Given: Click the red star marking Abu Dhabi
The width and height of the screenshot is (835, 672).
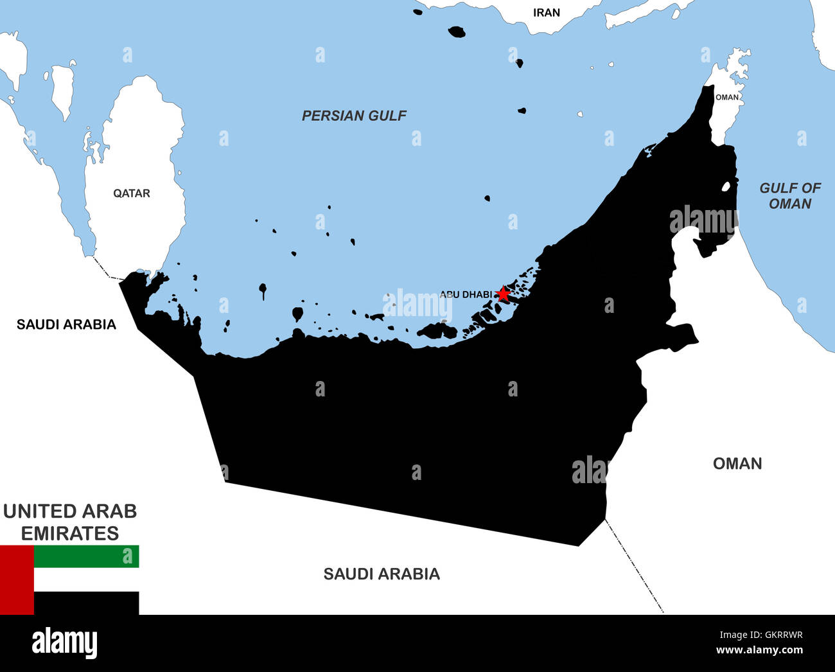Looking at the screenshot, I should point(503,294).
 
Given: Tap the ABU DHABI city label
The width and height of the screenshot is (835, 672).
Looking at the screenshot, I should point(466,294).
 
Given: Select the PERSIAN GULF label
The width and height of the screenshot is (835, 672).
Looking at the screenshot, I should point(354,116).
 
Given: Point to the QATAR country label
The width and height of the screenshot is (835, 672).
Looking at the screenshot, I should point(132,193).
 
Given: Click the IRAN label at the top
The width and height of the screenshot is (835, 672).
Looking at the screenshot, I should point(546,12).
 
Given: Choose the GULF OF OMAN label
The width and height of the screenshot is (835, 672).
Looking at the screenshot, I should point(790,196).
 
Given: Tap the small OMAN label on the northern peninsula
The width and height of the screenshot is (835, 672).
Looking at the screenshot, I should point(727,97).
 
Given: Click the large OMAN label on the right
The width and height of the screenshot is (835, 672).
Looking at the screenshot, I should point(737,463).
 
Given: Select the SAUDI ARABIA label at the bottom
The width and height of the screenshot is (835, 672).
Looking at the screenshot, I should point(382,574).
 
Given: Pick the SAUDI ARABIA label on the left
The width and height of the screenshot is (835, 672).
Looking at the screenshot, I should point(66,324).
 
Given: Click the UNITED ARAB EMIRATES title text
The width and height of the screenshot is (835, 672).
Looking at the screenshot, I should point(70,522).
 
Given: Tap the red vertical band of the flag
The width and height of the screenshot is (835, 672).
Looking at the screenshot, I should point(17,579).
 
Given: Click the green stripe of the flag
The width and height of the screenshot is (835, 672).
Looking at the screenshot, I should point(86,556).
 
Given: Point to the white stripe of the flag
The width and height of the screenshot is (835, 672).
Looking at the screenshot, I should point(86,579).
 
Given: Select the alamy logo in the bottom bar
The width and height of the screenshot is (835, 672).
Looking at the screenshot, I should point(64,643).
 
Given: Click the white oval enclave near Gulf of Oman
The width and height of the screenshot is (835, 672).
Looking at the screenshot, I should point(726,187).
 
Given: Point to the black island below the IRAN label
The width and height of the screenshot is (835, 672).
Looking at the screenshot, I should point(457,31).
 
